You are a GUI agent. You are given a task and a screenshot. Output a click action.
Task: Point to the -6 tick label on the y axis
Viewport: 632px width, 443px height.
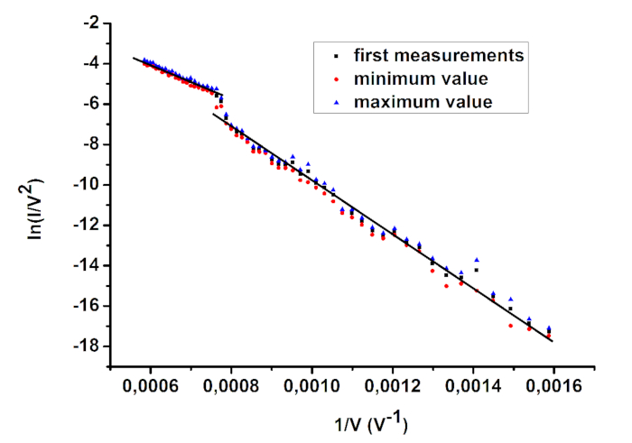87,105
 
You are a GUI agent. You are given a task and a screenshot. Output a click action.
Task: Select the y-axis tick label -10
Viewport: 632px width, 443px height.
83,185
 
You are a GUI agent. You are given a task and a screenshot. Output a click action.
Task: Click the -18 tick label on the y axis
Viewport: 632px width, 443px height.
83,346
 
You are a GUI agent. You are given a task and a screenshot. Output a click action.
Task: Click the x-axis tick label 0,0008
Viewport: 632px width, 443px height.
231,382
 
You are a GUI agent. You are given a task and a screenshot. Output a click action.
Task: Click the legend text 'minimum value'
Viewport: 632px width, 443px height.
413,78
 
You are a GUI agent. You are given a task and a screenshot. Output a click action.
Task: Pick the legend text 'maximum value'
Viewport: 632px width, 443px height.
414,102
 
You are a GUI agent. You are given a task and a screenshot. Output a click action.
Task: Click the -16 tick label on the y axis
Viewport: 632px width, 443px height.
83,306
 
